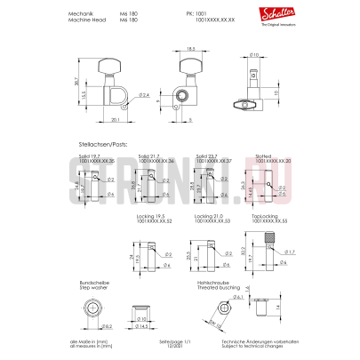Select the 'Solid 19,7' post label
pos(89,154)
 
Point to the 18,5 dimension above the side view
pos(190,51)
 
